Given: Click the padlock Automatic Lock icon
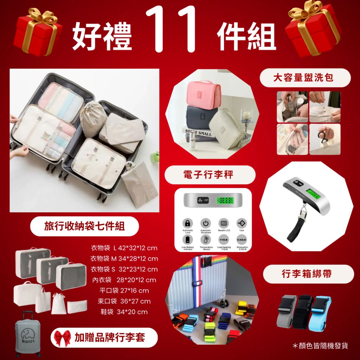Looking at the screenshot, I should [188, 224].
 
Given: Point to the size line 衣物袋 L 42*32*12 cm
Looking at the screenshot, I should [124, 248].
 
